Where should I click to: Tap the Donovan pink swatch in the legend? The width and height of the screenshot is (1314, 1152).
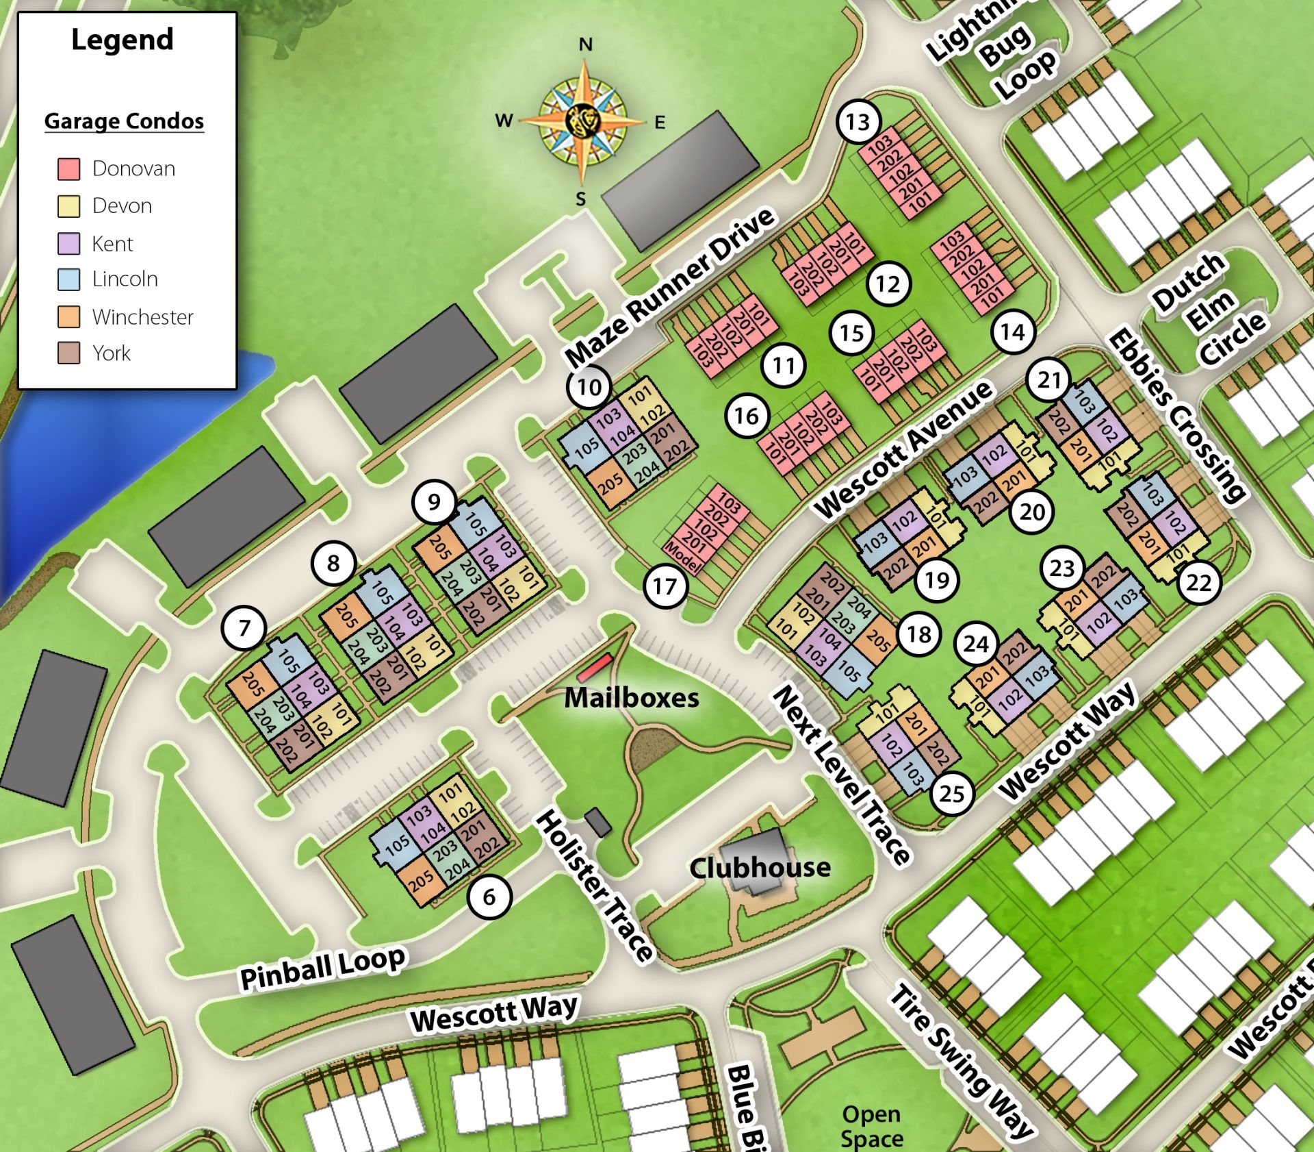tap(68, 168)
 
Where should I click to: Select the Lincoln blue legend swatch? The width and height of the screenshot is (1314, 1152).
tap(68, 279)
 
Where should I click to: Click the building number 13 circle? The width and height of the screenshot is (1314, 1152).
tap(858, 122)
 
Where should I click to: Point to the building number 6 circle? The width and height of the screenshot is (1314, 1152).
tap(489, 897)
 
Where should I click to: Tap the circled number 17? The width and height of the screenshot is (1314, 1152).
tap(665, 586)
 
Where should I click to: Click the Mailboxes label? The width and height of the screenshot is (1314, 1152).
tap(631, 698)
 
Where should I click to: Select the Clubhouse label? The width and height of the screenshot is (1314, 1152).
tap(760, 868)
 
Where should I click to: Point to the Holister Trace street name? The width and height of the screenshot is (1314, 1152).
tap(593, 886)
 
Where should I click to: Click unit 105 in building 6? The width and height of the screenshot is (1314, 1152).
tap(396, 847)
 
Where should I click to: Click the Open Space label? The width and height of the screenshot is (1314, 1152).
tap(871, 1126)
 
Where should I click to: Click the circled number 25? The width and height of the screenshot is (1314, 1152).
tap(951, 794)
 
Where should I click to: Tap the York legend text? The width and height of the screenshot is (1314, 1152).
tap(112, 353)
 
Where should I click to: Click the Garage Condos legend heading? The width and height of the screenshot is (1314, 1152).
tap(124, 121)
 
